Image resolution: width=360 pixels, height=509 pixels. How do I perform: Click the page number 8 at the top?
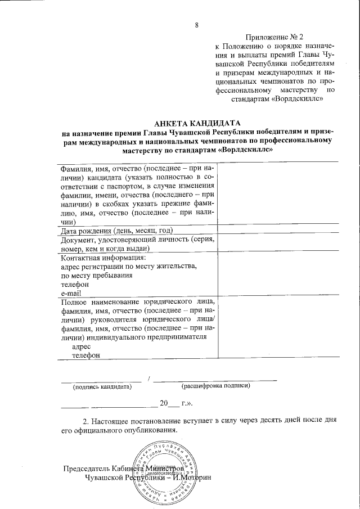click(x=197, y=24)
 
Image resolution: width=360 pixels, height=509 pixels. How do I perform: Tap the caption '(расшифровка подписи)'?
click(x=215, y=386)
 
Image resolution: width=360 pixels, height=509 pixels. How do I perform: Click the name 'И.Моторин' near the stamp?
click(x=193, y=478)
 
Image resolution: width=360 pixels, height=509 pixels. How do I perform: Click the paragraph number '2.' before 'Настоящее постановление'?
click(x=87, y=421)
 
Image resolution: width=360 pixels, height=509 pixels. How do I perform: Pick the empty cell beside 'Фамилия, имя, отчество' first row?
click(x=278, y=193)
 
